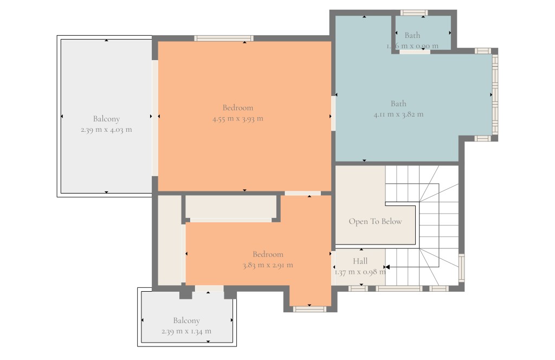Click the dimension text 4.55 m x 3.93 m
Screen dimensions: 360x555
point(237,119)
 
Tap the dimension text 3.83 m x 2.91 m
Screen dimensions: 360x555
point(268,265)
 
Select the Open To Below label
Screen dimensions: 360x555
point(375,221)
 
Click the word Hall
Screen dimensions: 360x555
point(360,261)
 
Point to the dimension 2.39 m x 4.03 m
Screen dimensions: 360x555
point(106,130)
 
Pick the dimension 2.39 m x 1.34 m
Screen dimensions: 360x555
point(186,331)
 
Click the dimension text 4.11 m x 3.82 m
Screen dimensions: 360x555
point(398,114)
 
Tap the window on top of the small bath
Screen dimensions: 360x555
point(414,12)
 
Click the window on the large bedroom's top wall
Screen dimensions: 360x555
point(224,38)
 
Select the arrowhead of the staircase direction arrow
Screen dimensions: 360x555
point(387,267)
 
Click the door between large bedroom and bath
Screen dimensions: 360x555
point(333,113)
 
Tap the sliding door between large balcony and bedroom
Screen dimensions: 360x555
point(155,118)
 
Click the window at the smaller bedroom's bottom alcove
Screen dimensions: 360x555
point(309,309)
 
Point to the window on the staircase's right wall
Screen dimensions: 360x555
point(461,268)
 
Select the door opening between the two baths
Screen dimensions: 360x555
point(415,52)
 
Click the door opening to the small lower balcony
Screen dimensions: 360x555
point(209,288)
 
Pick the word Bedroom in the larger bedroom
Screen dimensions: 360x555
point(237,108)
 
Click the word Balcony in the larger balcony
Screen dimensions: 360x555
point(106,119)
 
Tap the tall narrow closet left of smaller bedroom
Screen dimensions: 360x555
point(170,239)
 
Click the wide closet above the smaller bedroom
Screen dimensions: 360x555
point(231,207)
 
